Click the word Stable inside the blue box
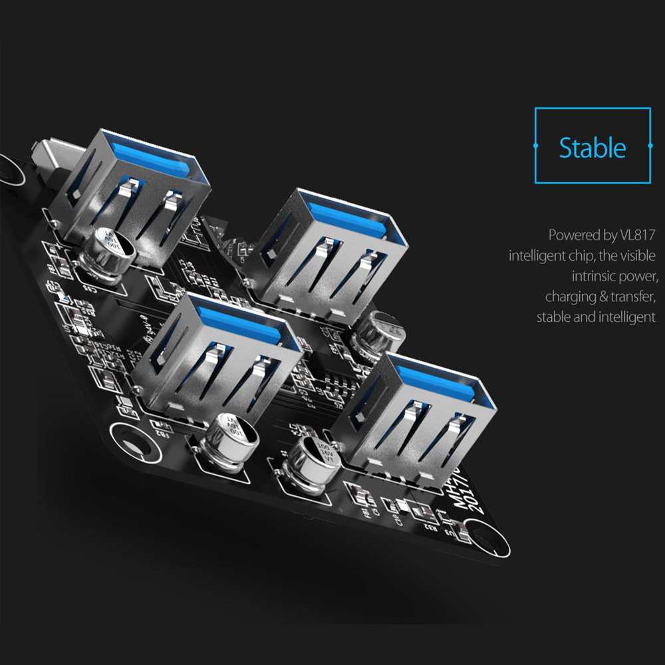pos(592,148)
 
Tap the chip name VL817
pos(636,235)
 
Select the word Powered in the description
pos(572,235)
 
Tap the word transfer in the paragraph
pos(634,297)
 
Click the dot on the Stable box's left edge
pos(536,145)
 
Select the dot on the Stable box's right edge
pos(650,145)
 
